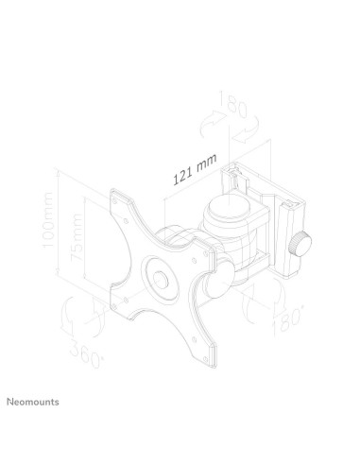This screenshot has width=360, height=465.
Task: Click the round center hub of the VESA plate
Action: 160,280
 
